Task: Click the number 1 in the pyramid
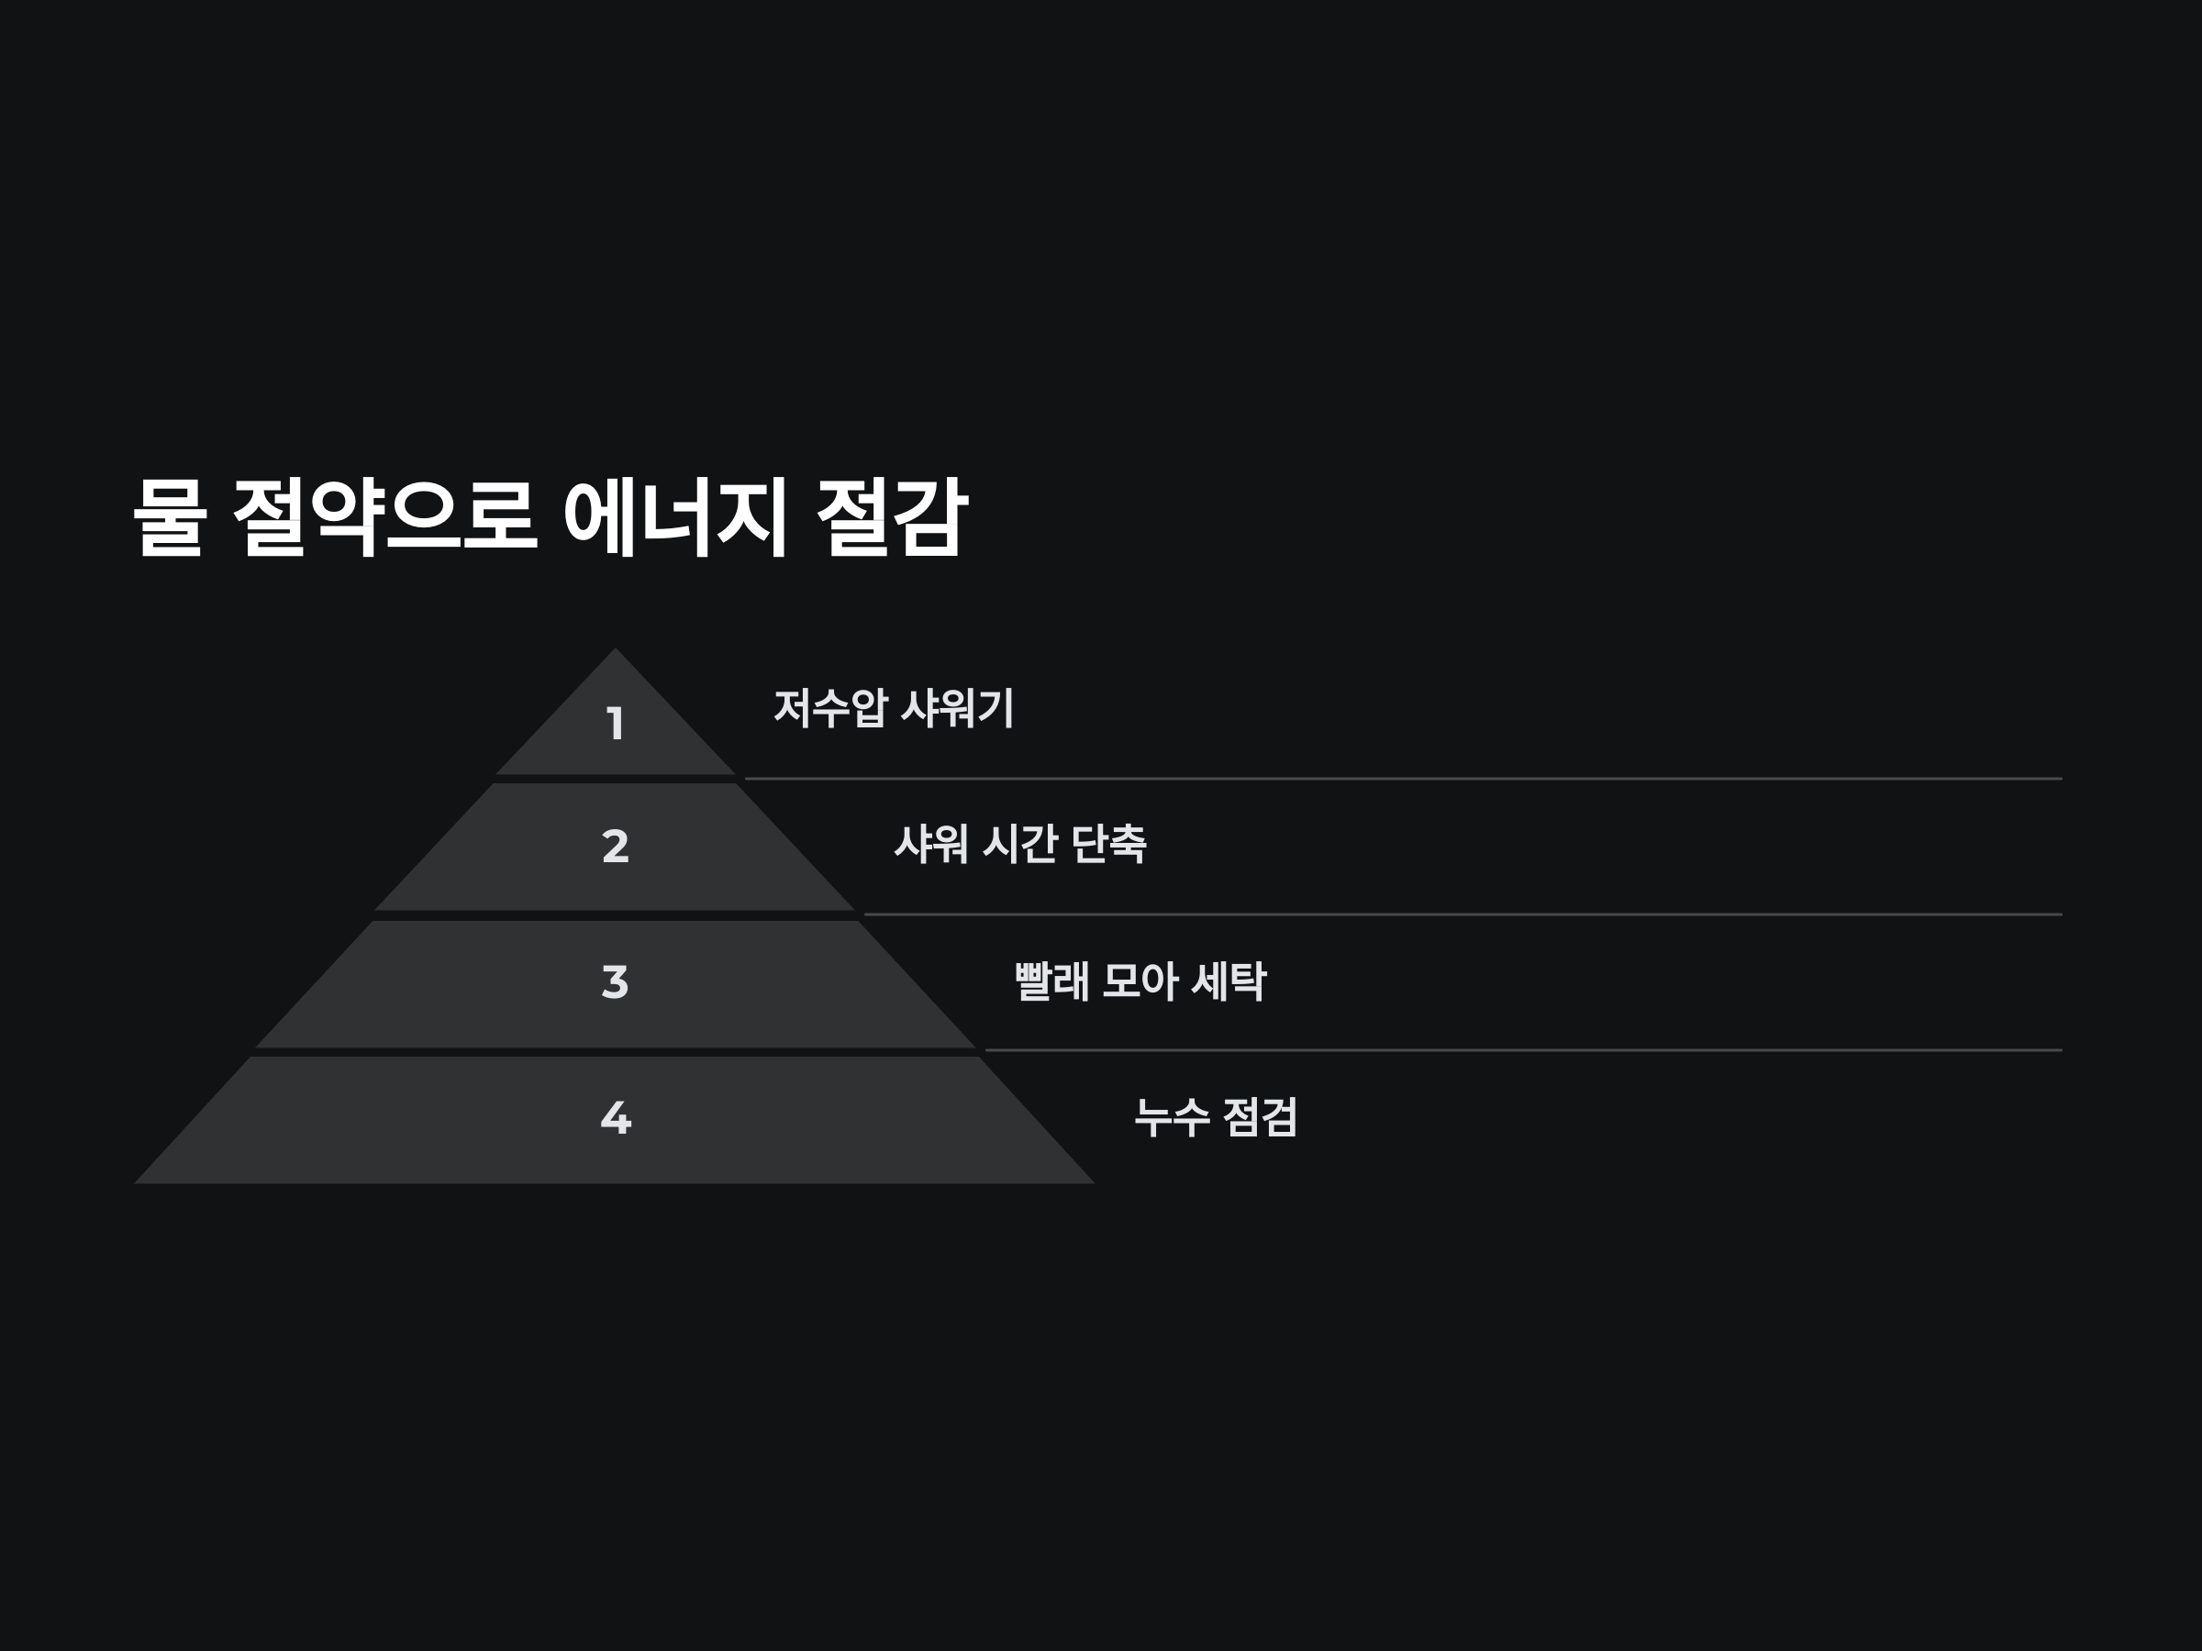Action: click(616, 724)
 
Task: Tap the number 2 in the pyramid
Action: click(616, 846)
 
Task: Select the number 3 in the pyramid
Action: click(616, 982)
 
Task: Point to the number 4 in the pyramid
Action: click(616, 1117)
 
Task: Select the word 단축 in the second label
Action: click(1108, 844)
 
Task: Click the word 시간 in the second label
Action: click(1019, 844)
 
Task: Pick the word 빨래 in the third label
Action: click(1051, 981)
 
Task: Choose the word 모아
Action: click(1140, 981)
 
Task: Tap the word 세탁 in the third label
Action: click(1229, 981)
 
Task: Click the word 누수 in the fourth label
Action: click(1172, 1116)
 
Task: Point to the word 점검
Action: click(1260, 1116)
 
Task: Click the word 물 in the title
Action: click(171, 516)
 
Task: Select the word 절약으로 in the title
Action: click(385, 516)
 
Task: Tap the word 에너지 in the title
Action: click(676, 516)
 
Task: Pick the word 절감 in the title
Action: click(892, 516)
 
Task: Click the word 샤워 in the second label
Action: click(930, 844)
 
